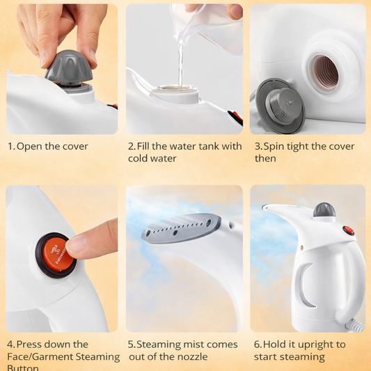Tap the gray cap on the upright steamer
[324, 210]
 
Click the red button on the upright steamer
[348, 230]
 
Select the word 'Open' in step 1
[31, 146]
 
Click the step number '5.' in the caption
[131, 345]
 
